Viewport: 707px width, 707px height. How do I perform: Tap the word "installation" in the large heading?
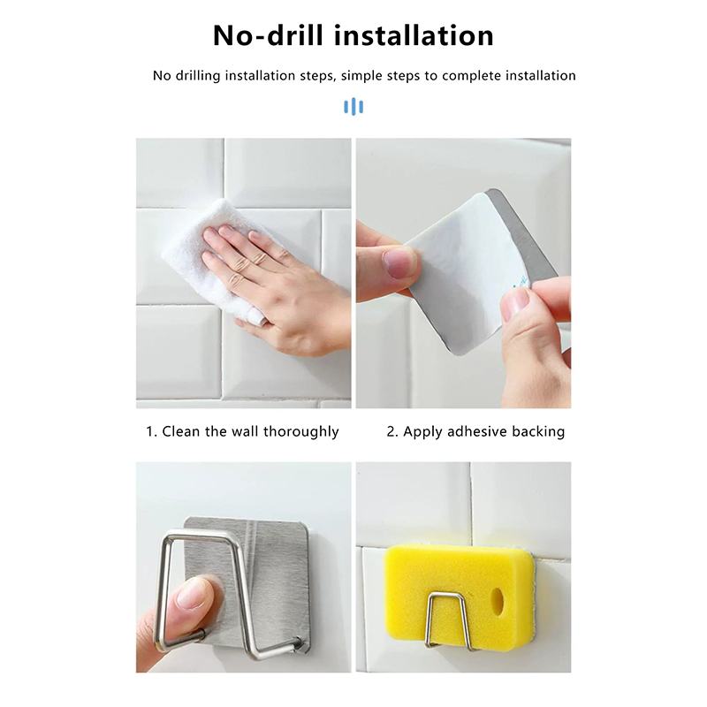coord(414,35)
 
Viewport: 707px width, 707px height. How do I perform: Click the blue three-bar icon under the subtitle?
coord(353,107)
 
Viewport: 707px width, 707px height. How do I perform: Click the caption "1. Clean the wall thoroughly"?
coord(242,431)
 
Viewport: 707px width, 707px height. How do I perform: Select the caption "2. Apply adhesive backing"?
coord(475,431)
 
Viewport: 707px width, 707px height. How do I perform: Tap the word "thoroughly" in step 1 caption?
coord(300,431)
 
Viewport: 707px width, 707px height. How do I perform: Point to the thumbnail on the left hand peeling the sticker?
coord(399,262)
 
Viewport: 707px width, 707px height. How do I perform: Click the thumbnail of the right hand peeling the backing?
coord(515,304)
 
